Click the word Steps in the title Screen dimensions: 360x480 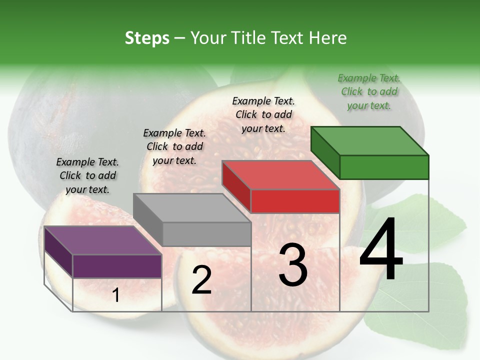tap(147, 38)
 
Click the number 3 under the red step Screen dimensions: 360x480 tap(293, 265)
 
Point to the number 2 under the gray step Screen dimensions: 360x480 tap(201, 280)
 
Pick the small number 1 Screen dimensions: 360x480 tap(116, 295)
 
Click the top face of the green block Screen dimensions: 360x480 tap(369, 141)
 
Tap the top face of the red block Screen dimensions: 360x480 tap(280, 175)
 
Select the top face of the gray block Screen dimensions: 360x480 tap(191, 208)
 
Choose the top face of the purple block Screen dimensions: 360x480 tap(103, 240)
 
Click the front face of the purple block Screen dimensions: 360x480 tap(117, 266)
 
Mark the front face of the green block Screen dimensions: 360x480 tap(384, 167)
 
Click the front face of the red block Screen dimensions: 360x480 tap(295, 201)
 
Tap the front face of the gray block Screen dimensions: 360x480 tap(206, 234)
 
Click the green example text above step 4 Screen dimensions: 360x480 tap(369, 92)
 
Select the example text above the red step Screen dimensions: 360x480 tap(263, 115)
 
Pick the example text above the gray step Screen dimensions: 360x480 tap(174, 146)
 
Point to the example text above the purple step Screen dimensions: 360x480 tap(87, 175)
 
